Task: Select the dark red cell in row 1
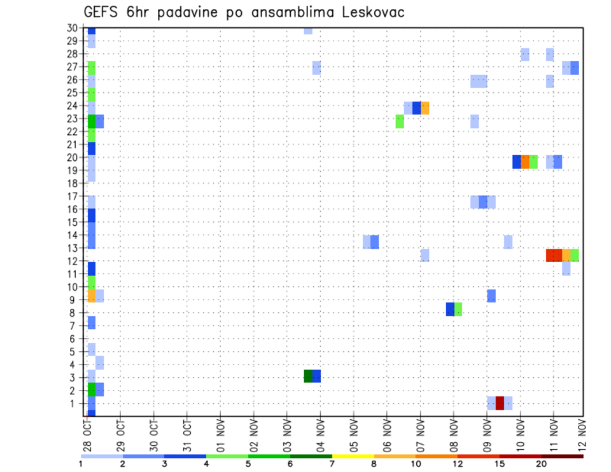coord(500,403)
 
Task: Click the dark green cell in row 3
coord(308,376)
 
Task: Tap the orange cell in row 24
coord(425,108)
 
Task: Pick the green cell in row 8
coord(458,309)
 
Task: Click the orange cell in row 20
coord(525,162)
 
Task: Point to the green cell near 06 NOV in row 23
coord(400,121)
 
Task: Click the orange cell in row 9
coord(91,296)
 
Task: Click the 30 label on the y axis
coord(73,28)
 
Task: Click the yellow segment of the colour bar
coord(353,456)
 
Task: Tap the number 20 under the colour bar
coord(541,464)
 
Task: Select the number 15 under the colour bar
coord(500,464)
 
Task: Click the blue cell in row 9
coord(491,296)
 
